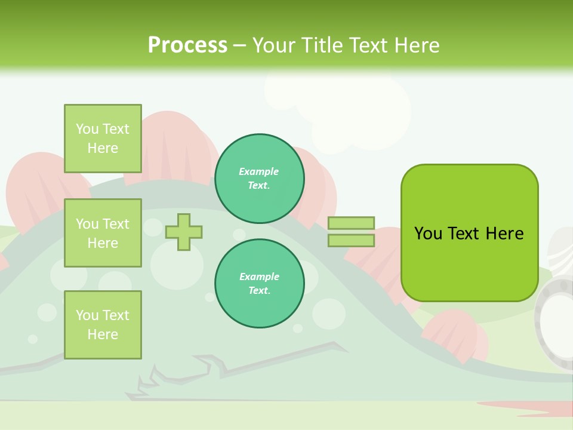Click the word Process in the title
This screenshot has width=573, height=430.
187,45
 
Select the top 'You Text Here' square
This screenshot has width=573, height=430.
103,139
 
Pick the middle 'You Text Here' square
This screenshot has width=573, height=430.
103,233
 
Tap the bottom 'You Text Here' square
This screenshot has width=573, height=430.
103,324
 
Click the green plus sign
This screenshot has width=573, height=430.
184,232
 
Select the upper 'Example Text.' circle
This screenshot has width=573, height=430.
259,179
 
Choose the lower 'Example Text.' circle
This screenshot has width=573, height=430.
259,284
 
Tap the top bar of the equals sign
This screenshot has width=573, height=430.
351,223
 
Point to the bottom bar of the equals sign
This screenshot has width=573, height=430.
351,240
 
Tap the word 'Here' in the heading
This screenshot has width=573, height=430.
418,45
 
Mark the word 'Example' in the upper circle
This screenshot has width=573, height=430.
259,172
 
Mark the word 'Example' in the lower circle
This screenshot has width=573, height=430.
259,277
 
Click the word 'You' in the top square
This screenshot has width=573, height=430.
87,129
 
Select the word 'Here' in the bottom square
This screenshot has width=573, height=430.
103,334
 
